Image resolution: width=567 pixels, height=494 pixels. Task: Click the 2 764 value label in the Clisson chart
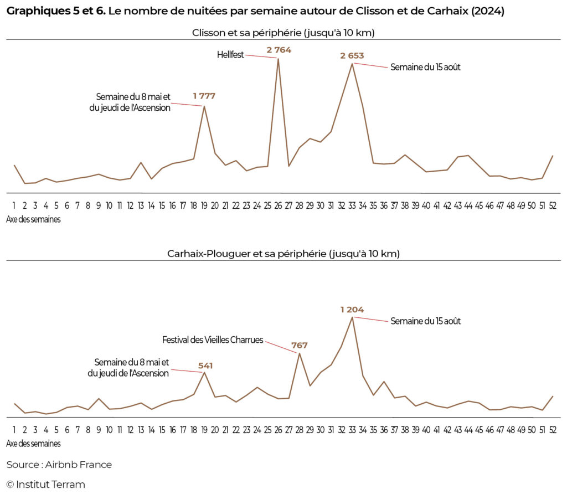tap(279, 50)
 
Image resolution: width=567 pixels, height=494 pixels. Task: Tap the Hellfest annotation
tap(230, 54)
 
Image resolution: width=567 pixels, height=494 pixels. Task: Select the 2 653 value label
tap(352, 55)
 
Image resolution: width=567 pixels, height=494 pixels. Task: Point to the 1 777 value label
tap(204, 96)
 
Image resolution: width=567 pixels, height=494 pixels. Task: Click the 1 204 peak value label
tap(352, 310)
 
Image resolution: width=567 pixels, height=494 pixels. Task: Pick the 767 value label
tap(299, 346)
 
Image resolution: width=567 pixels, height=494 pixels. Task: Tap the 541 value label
tap(205, 366)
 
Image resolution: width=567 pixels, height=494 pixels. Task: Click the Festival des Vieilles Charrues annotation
tap(213, 339)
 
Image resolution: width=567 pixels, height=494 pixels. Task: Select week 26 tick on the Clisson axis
tap(278, 205)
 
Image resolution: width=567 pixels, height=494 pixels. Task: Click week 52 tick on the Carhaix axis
tap(553, 430)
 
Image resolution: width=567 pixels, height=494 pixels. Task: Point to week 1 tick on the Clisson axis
tap(14, 205)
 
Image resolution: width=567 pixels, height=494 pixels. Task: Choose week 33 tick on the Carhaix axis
tap(352, 430)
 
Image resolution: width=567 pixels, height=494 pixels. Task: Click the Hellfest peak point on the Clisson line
tap(278, 59)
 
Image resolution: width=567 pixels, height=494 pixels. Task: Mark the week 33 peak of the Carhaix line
tap(352, 317)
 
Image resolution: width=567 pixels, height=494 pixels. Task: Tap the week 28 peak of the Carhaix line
tap(299, 353)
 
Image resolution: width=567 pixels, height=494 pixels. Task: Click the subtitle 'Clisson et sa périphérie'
tap(283, 33)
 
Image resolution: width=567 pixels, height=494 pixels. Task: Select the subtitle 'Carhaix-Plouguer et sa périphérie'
tap(283, 254)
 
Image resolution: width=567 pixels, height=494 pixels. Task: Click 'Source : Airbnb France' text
tap(59, 465)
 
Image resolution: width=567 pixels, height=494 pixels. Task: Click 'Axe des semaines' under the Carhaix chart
tap(33, 443)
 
